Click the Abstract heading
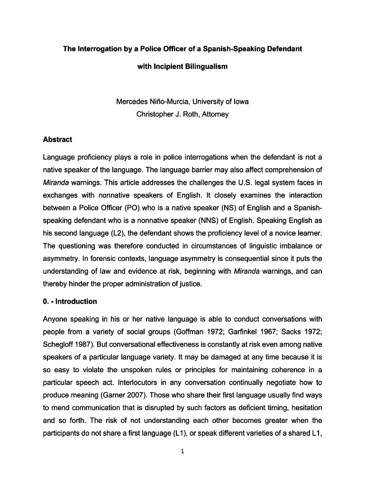[57, 139]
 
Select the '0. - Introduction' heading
[70, 301]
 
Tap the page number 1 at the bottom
[182, 451]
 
